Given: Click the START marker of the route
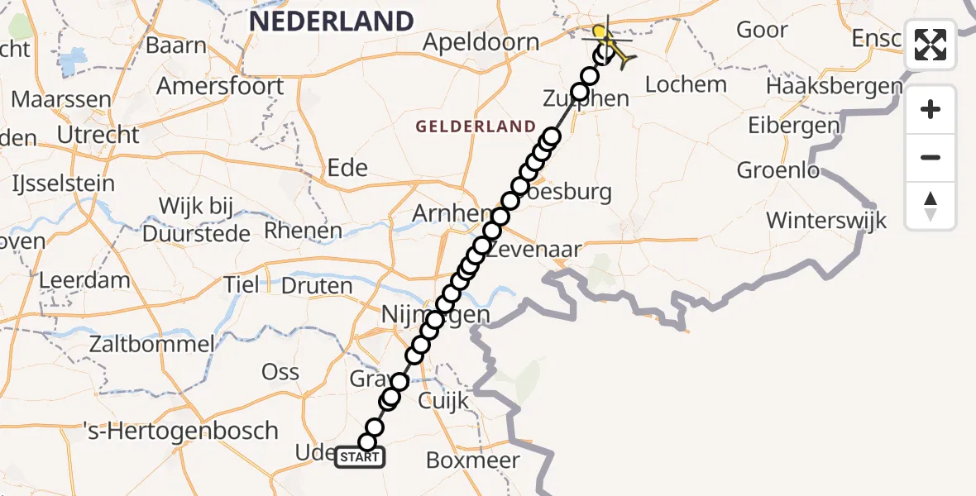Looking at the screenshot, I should pyautogui.click(x=360, y=457).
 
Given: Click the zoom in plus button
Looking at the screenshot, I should pyautogui.click(x=931, y=109).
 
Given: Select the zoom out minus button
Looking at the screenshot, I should pyautogui.click(x=931, y=157).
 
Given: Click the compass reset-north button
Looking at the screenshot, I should pyautogui.click(x=931, y=206).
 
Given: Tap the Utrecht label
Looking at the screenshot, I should pyautogui.click(x=98, y=134).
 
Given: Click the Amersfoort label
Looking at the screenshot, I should pyautogui.click(x=220, y=86).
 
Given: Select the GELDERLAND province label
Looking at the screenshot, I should pyautogui.click(x=476, y=126).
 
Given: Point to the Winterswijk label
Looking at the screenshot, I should pyautogui.click(x=826, y=221).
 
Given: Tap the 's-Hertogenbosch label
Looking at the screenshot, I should pyautogui.click(x=182, y=431).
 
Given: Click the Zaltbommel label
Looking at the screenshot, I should pyautogui.click(x=154, y=344).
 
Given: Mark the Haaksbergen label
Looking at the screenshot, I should pyautogui.click(x=834, y=86).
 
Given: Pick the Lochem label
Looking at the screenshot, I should pyautogui.click(x=686, y=84).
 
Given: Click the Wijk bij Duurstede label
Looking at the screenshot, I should pyautogui.click(x=196, y=219).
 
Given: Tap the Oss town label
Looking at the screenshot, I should pyautogui.click(x=280, y=371).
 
